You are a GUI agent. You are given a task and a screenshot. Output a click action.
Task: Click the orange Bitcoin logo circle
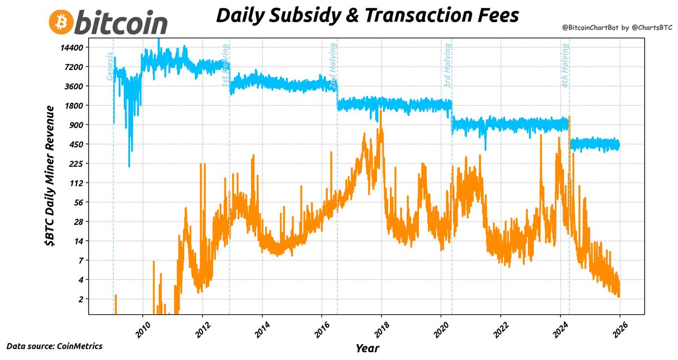pos(60,22)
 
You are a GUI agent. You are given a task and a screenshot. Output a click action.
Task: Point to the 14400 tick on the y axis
pos(72,47)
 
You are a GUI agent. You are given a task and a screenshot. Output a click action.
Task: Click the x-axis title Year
pos(367,348)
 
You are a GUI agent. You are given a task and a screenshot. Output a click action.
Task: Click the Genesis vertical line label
pos(110,67)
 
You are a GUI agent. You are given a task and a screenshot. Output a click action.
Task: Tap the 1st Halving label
pos(225,65)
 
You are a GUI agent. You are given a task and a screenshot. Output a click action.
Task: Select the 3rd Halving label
pos(447,65)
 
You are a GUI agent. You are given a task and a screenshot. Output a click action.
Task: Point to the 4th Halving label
pos(565,65)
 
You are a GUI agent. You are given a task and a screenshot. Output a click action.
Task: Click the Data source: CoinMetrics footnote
pos(54,345)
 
